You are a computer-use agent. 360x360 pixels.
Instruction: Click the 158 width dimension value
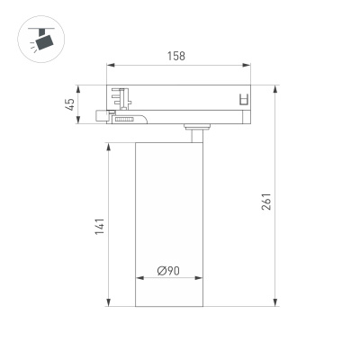point(176,56)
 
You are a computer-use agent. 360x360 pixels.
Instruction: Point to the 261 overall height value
point(267,202)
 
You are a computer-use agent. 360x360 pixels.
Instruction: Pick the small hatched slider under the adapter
point(123,117)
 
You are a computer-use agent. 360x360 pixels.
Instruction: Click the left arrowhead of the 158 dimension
point(110,66)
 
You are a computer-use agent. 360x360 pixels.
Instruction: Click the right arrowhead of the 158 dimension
point(248,66)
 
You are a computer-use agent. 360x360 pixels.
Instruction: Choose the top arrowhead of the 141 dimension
point(110,143)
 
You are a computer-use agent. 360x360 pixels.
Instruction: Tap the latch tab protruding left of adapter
point(99,115)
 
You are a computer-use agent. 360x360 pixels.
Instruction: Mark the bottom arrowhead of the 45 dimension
point(81,122)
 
